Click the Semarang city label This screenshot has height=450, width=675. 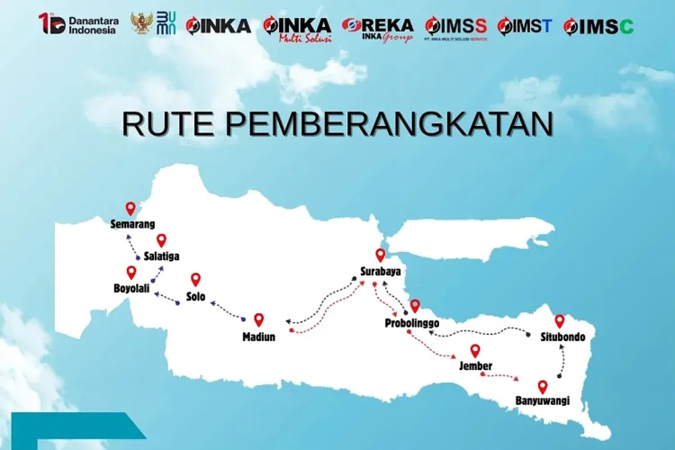[132, 224]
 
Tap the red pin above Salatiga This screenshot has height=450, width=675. [162, 240]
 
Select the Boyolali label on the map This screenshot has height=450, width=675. [131, 289]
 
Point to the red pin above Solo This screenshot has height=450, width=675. [195, 280]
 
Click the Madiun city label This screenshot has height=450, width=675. [258, 337]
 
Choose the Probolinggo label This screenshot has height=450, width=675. [411, 322]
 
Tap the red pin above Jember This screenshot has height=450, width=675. [475, 351]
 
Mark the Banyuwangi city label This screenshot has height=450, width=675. [542, 400]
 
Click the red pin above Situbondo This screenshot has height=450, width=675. [559, 321]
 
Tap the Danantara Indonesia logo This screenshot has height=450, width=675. [78, 24]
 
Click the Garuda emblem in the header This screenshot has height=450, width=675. [141, 23]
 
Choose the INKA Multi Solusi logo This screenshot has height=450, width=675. [297, 27]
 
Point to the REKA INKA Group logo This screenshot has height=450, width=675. [377, 28]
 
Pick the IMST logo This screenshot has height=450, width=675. [525, 26]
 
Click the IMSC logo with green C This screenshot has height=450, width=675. [598, 26]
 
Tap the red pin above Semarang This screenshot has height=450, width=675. [130, 208]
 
